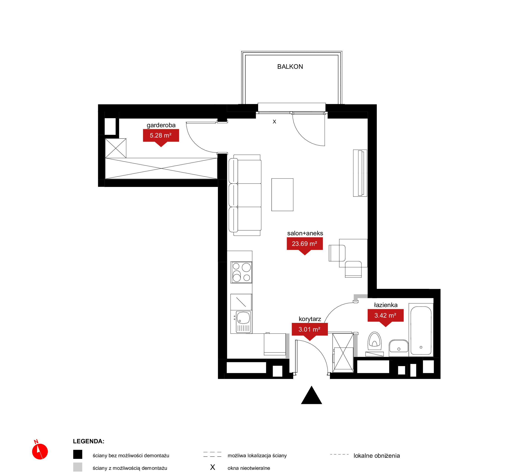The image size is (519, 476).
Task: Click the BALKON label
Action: click(290, 67)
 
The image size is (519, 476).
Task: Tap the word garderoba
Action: click(161, 125)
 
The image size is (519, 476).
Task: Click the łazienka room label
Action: click(386, 305)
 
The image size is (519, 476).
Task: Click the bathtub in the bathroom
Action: click(421, 330)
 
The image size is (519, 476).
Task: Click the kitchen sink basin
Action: click(243, 318)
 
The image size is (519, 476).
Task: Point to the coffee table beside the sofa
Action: click(282, 195)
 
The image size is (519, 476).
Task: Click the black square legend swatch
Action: click(78, 454)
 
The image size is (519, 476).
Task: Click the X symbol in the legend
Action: click(213, 467)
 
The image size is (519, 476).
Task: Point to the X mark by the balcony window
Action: click(274, 122)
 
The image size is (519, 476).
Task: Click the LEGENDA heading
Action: click(89, 441)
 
